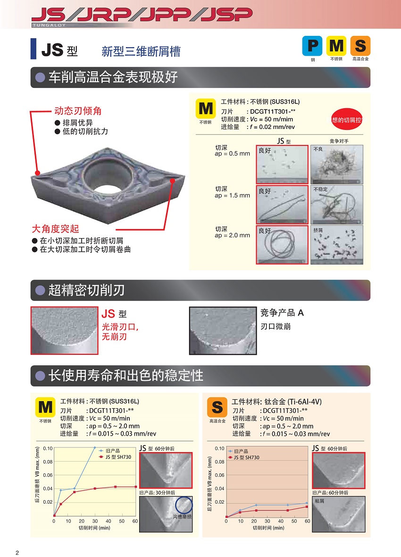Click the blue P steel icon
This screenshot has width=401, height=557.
tap(312, 46)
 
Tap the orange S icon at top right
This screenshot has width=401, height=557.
tap(360, 46)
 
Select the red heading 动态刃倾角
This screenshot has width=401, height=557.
tap(78, 111)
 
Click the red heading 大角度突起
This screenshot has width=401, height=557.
tap(55, 228)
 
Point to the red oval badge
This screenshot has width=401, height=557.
tap(347, 120)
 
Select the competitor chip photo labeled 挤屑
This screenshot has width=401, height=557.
tap(337, 245)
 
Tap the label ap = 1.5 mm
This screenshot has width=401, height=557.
tap(233, 196)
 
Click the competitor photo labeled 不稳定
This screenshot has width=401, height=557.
tap(337, 204)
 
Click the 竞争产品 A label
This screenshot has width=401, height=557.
tap(282, 313)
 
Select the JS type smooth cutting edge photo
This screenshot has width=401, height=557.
tap(64, 330)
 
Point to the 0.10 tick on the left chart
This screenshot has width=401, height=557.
tap(48, 448)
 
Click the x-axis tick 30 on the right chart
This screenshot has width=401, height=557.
tap(267, 521)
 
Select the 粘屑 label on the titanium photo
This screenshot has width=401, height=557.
tap(319, 501)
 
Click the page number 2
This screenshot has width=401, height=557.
tap(17, 552)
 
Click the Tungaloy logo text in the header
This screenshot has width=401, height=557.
tap(49, 25)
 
